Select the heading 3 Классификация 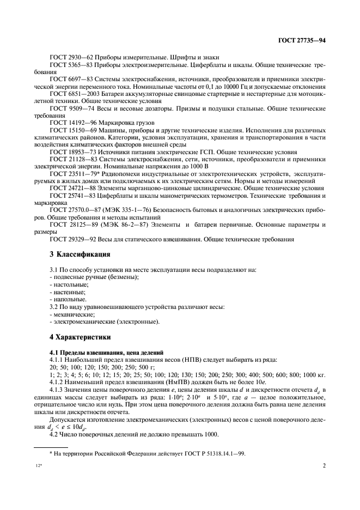pyautogui.click(x=81, y=254)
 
